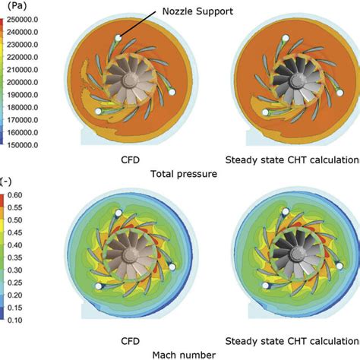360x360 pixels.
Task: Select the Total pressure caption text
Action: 179,173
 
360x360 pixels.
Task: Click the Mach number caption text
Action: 179,353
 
